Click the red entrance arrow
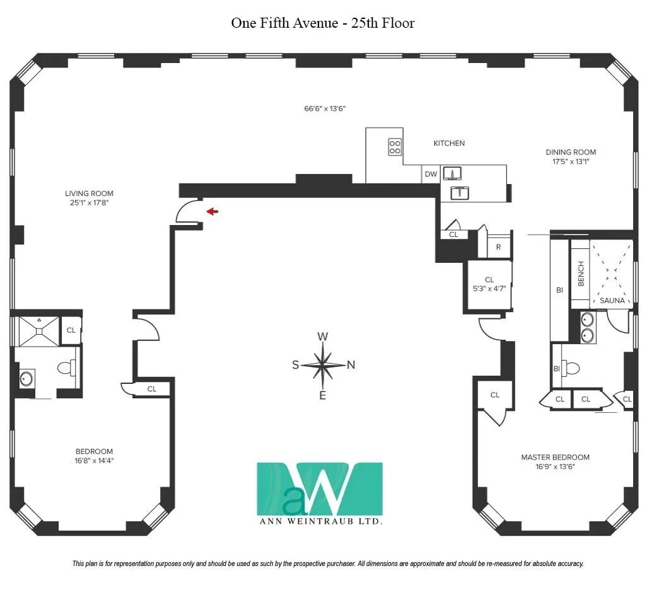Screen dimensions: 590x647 [213, 212]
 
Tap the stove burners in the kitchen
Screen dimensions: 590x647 [395, 147]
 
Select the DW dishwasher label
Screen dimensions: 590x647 [431, 174]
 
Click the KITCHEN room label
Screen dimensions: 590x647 [449, 143]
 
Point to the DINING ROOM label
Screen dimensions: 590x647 [571, 152]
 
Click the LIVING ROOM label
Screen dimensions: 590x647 [89, 194]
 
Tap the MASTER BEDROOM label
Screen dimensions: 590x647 [555, 457]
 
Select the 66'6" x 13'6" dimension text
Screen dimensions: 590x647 [325, 108]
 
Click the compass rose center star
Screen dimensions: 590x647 [322, 365]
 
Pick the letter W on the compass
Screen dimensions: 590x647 [322, 337]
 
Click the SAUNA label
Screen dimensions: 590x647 [612, 301]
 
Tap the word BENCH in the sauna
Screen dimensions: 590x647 [581, 273]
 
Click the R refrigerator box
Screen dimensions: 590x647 [498, 247]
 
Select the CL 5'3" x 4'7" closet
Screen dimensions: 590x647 [489, 284]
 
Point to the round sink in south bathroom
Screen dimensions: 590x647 [26, 379]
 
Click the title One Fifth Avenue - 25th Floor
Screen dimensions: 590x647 [323, 23]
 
